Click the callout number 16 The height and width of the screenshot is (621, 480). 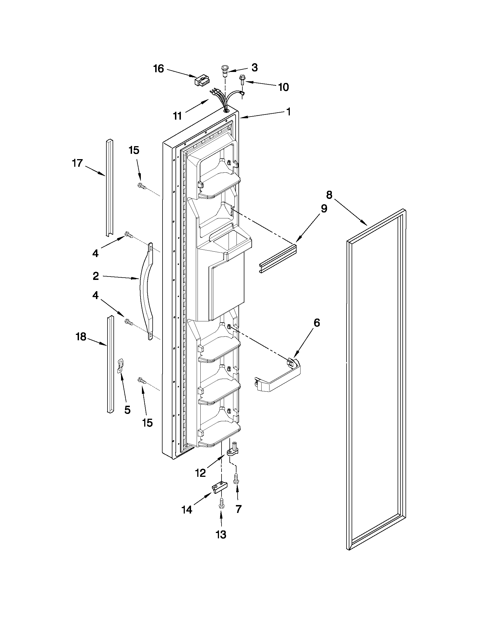pyautogui.click(x=159, y=69)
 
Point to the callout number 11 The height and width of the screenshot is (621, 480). pyautogui.click(x=177, y=116)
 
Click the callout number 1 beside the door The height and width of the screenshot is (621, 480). pyautogui.click(x=288, y=112)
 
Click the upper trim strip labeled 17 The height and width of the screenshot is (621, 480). pyautogui.click(x=109, y=188)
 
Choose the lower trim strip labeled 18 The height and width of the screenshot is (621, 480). pyautogui.click(x=110, y=364)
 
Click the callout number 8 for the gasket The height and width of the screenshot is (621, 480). pyautogui.click(x=329, y=195)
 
